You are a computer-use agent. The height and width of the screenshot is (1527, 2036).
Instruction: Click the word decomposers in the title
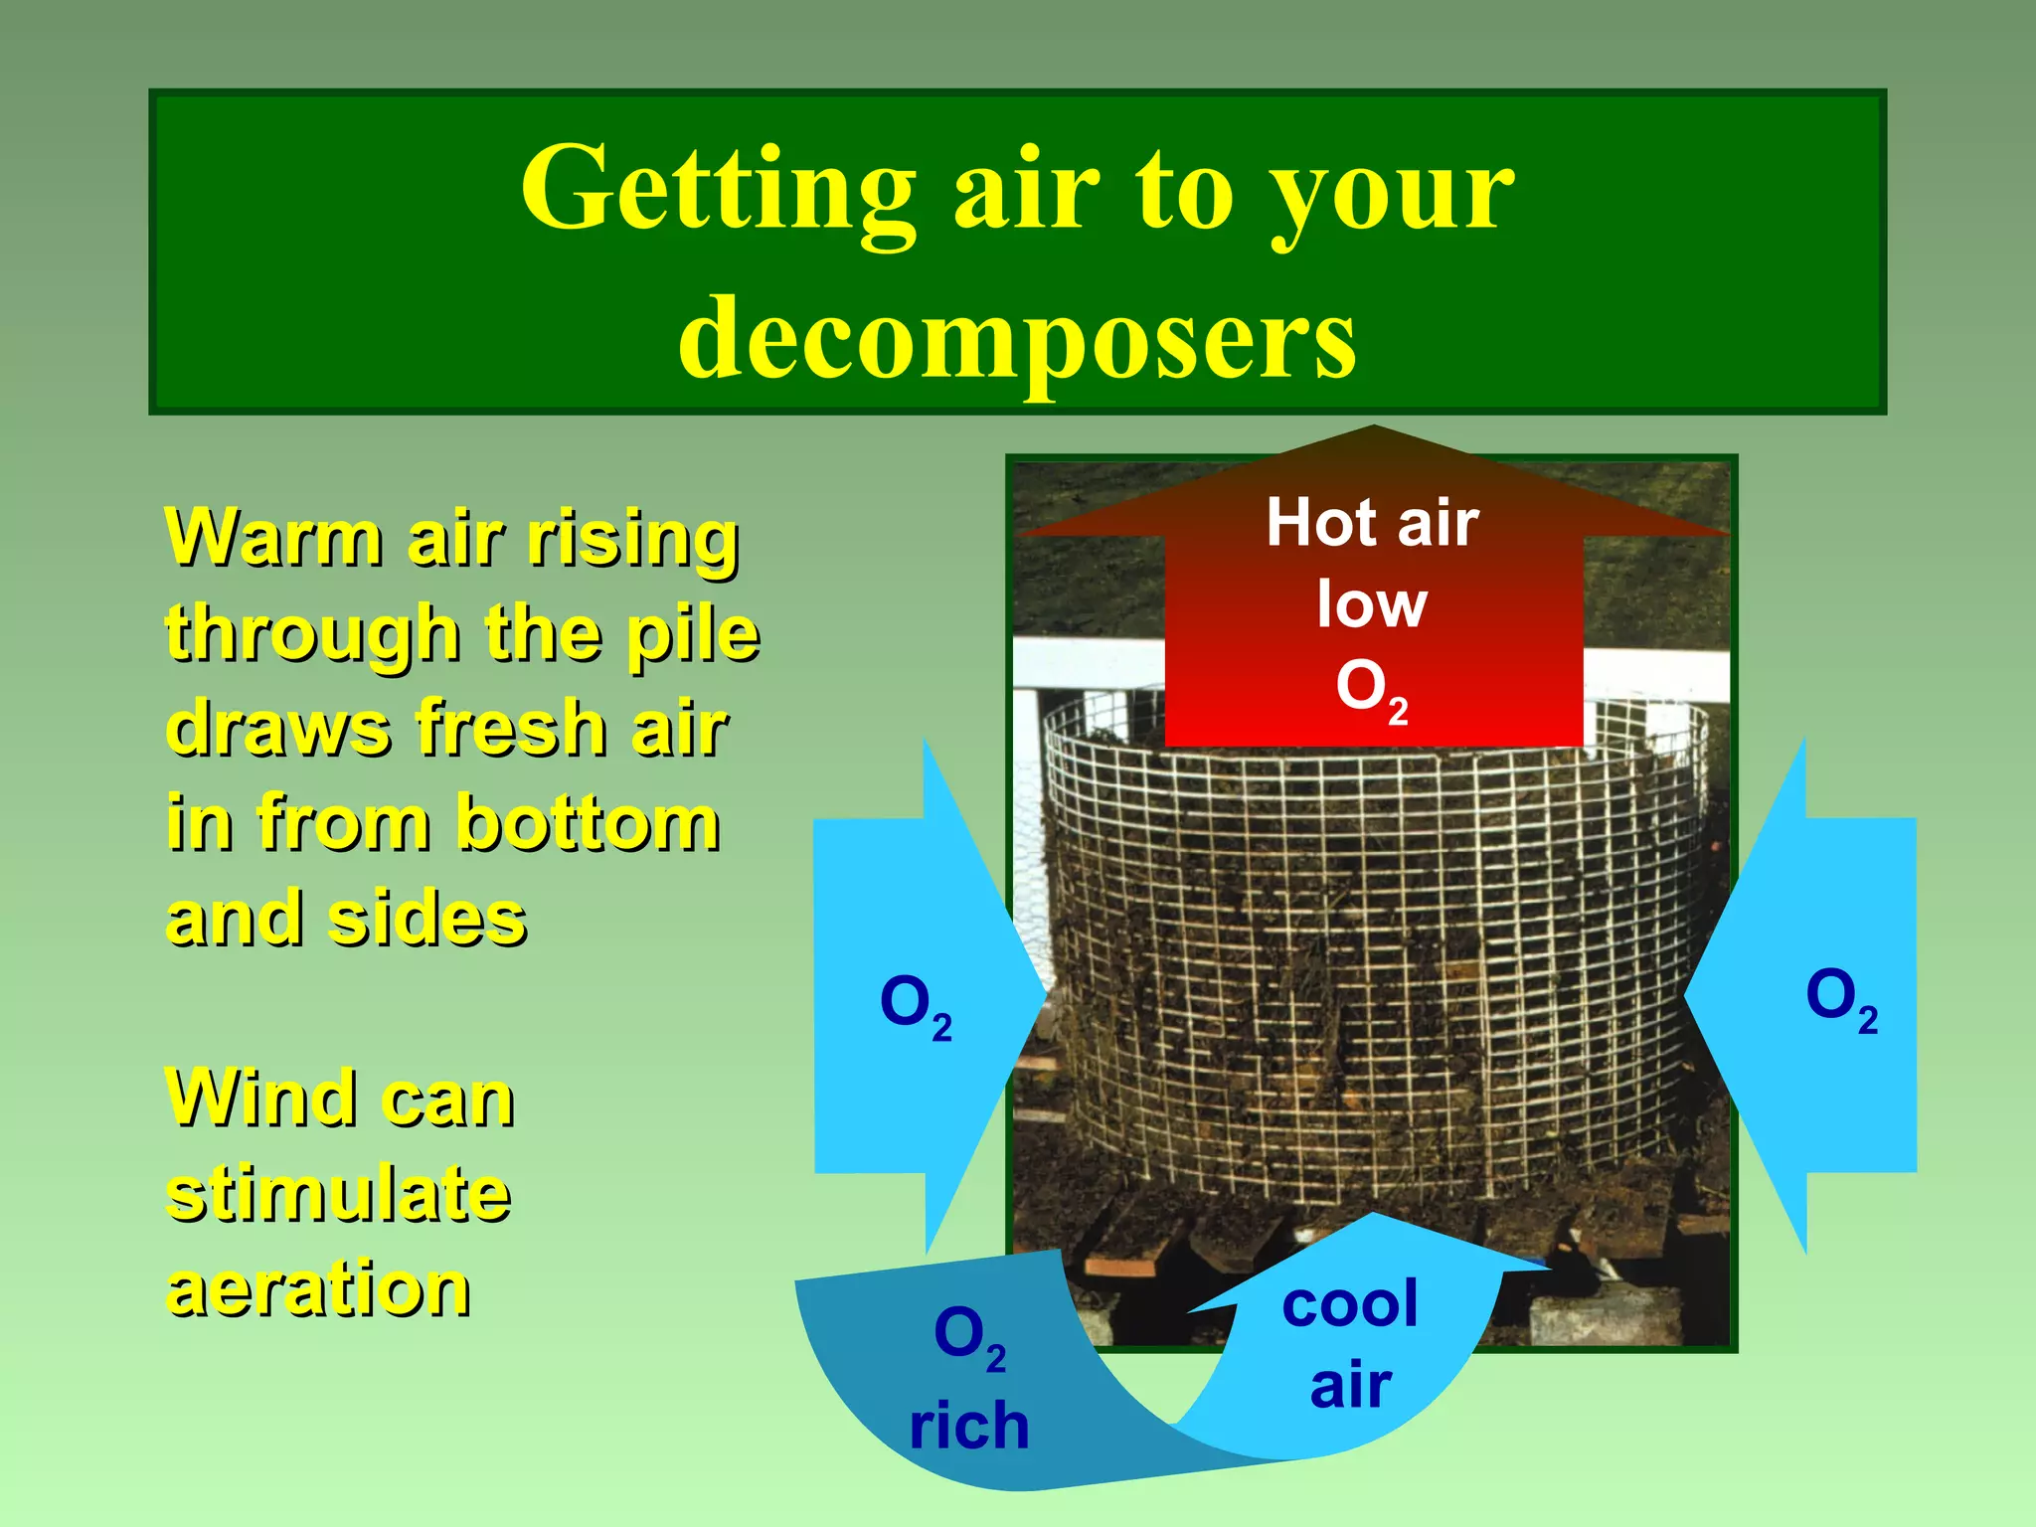click(1016, 338)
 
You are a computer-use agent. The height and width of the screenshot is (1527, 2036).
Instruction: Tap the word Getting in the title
click(718, 189)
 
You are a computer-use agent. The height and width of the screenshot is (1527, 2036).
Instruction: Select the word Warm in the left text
click(274, 538)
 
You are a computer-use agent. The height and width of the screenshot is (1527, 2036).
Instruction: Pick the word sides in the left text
click(427, 919)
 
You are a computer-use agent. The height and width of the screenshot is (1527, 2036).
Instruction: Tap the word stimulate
click(338, 1193)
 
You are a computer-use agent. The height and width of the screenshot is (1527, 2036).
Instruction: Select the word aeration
click(318, 1288)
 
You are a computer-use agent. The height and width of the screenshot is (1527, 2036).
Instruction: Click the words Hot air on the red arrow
click(1372, 523)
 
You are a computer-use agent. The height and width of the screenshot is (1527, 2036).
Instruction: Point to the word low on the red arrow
click(1372, 604)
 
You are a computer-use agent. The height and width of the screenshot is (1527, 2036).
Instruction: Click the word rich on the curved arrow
click(969, 1426)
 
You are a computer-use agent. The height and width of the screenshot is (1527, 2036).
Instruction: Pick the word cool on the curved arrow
click(1350, 1304)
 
